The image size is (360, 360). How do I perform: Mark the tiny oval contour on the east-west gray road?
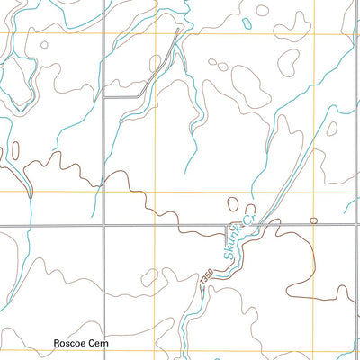point(313,220)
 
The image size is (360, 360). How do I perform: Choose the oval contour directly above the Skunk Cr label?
point(233,204)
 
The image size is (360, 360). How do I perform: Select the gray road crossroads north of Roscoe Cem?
point(103,225)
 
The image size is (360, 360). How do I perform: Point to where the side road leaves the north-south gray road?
point(103,95)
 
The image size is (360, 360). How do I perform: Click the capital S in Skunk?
point(227,255)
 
